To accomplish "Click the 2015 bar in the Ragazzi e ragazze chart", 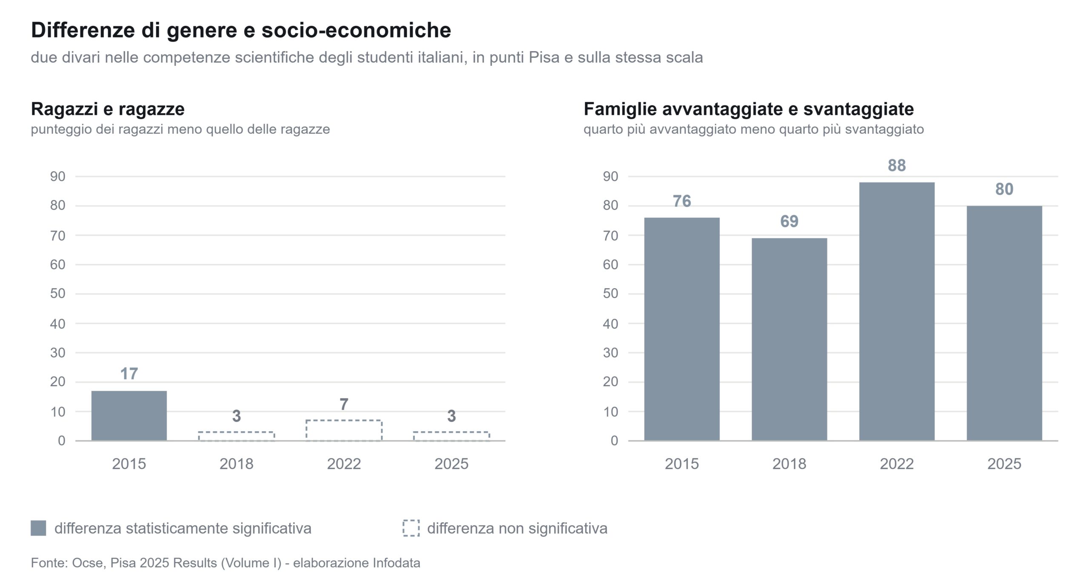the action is (x=129, y=415).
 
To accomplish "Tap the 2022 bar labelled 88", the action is (x=897, y=311).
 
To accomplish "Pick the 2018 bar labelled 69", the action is (x=789, y=339).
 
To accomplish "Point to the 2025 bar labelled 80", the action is (x=1004, y=323).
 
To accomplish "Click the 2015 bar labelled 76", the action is (x=682, y=329).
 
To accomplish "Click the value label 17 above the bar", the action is (x=129, y=374).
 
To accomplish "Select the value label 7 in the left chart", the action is (x=344, y=404).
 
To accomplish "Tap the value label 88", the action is (x=897, y=165).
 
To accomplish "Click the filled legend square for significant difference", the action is (x=38, y=528).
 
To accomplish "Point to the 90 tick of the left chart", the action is (x=58, y=176).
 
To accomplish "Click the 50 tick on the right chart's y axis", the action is (x=610, y=294).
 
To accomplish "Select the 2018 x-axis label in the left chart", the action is (x=236, y=464).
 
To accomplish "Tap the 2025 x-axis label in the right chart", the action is (x=1004, y=464).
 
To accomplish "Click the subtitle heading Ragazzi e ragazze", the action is (x=108, y=109).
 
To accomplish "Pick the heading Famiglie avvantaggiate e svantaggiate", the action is (x=749, y=109).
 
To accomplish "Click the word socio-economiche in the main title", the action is (x=356, y=30).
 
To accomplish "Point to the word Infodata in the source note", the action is (x=396, y=563).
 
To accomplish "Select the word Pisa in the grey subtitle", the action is (x=544, y=57).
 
